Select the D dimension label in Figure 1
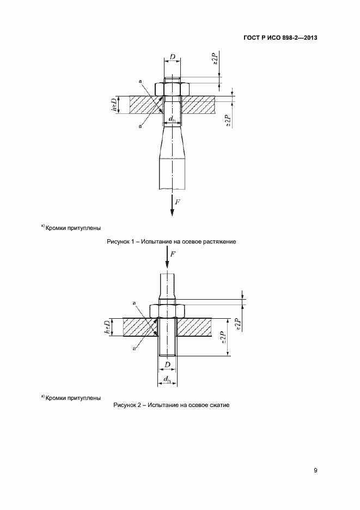coord(172,56)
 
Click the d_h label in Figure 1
coord(172,119)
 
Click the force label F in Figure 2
coord(173,254)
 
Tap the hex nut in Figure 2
coord(168,309)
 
